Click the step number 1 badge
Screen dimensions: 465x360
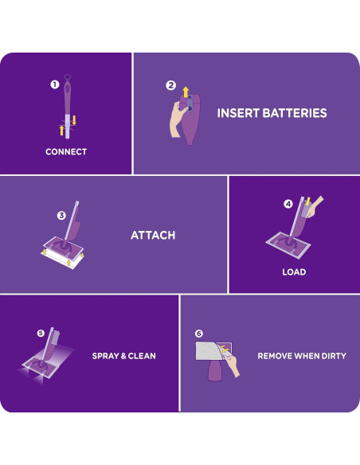[55, 84]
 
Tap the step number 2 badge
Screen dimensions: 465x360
[170, 85]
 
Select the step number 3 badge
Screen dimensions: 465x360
[61, 215]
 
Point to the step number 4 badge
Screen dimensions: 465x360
[288, 204]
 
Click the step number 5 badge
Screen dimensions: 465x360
[41, 333]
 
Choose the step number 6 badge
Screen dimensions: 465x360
[198, 334]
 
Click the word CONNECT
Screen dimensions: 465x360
[66, 151]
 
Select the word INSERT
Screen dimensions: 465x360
[238, 113]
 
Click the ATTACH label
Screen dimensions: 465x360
[153, 236]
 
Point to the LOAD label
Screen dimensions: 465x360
[294, 272]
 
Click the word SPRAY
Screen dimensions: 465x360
[109, 356]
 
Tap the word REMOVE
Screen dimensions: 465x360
[276, 356]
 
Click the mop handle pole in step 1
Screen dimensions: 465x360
[66, 111]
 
